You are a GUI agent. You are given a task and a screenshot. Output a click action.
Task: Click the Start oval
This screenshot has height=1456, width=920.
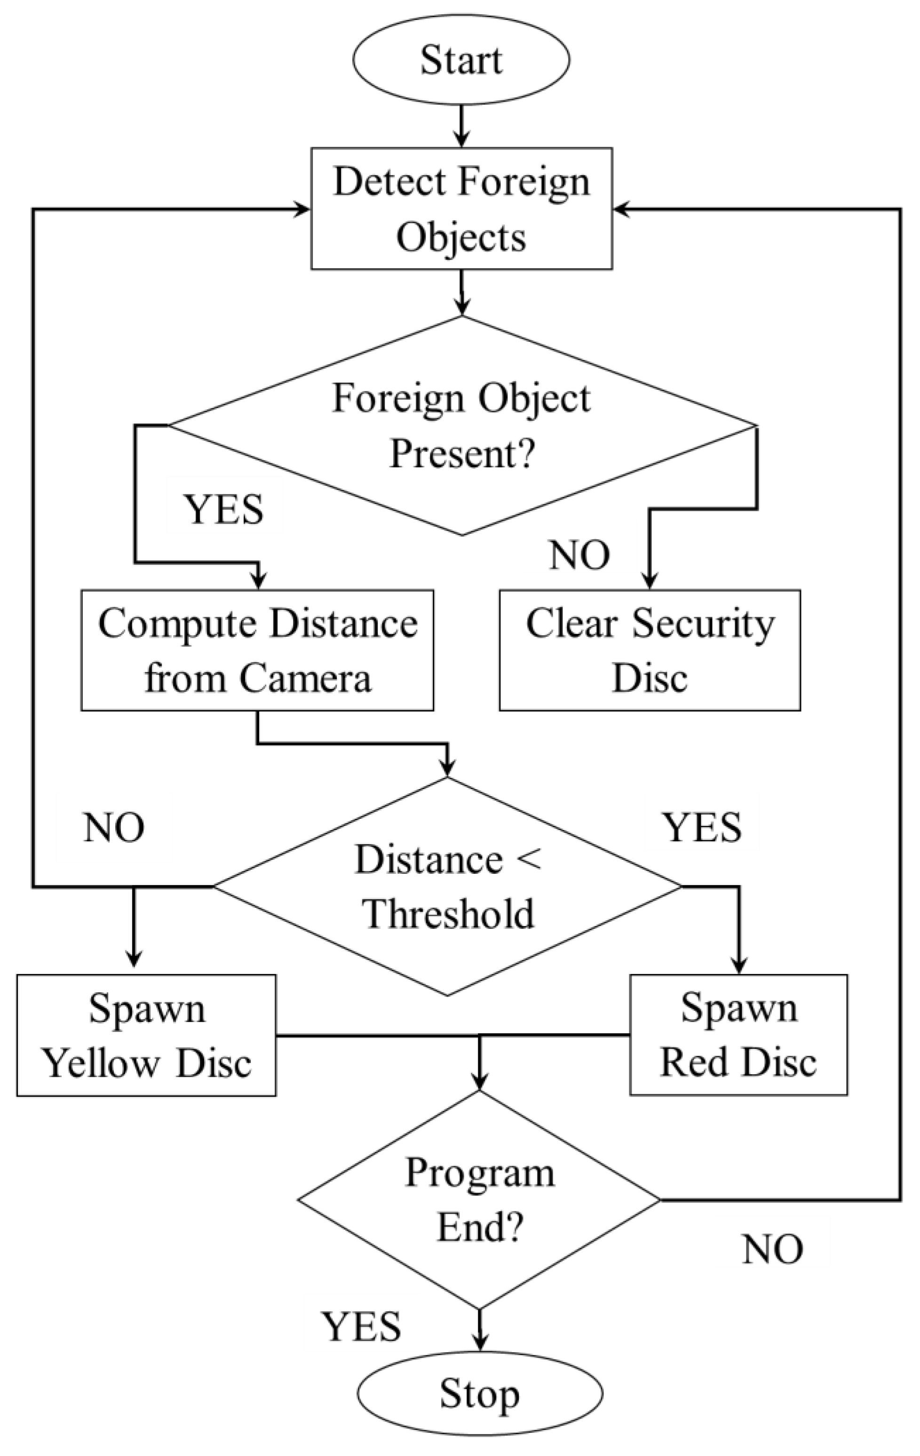point(461,60)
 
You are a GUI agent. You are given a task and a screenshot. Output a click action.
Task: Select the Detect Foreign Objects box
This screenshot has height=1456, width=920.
point(461,209)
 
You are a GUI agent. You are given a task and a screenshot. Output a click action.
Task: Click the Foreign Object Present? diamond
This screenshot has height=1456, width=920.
point(461,426)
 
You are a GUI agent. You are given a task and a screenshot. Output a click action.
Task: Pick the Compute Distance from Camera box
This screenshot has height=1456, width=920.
point(257,650)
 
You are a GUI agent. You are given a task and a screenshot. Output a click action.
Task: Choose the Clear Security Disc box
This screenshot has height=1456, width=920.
point(650,650)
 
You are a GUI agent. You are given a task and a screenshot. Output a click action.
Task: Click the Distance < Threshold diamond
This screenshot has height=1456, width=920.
point(448,886)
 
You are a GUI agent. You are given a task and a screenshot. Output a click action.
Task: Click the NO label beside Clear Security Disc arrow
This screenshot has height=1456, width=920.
point(579,555)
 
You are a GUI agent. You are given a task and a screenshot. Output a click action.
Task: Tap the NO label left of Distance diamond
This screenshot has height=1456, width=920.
point(114,828)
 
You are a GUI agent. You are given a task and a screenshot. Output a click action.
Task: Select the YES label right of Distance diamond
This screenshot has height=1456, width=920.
point(702,828)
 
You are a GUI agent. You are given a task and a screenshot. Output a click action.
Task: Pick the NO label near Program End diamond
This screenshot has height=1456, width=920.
point(772,1249)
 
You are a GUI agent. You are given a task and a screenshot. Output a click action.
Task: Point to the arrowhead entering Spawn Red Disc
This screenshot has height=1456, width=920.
point(739,965)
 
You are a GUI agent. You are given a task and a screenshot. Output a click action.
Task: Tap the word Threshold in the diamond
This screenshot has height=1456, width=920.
point(448,914)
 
